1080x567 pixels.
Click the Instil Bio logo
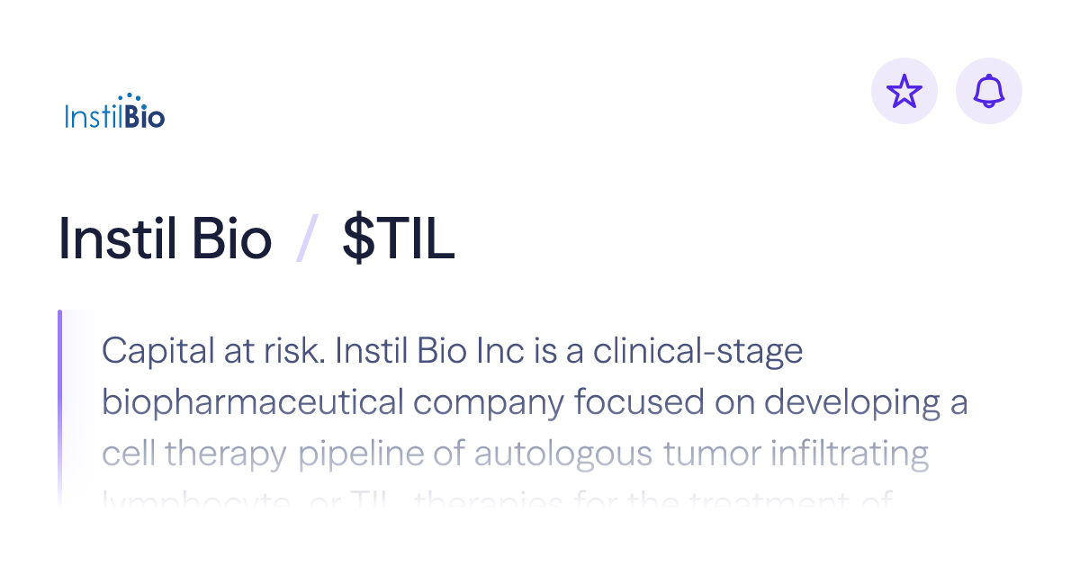click(114, 112)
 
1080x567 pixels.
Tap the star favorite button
click(904, 91)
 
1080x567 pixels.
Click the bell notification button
click(988, 91)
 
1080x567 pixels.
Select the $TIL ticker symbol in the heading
click(398, 240)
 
